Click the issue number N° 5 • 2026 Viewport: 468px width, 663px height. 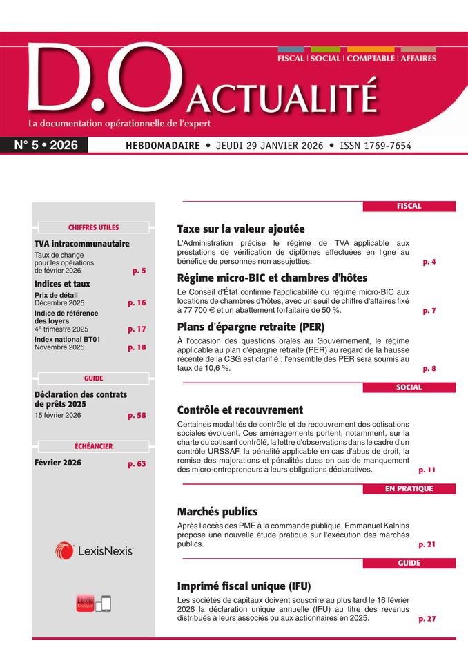tap(46, 146)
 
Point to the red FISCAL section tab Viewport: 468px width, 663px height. tap(409, 206)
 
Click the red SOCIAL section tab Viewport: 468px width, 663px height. tap(409, 387)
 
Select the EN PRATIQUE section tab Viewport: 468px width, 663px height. tap(409, 489)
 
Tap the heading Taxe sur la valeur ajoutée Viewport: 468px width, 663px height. tap(241, 229)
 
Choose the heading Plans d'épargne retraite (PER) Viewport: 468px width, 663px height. tap(251, 327)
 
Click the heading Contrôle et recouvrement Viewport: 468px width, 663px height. tap(240, 410)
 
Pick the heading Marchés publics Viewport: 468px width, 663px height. tap(217, 512)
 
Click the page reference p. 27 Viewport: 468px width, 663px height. tap(427, 619)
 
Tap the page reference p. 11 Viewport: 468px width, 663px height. tap(427, 470)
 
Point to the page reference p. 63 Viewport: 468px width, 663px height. tap(137, 464)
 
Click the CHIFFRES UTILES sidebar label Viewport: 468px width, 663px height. tap(93, 227)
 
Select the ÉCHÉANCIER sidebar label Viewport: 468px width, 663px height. tap(93, 446)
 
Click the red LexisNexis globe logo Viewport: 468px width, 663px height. tap(65, 550)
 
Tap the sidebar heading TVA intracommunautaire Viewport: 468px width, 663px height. tap(81, 244)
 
